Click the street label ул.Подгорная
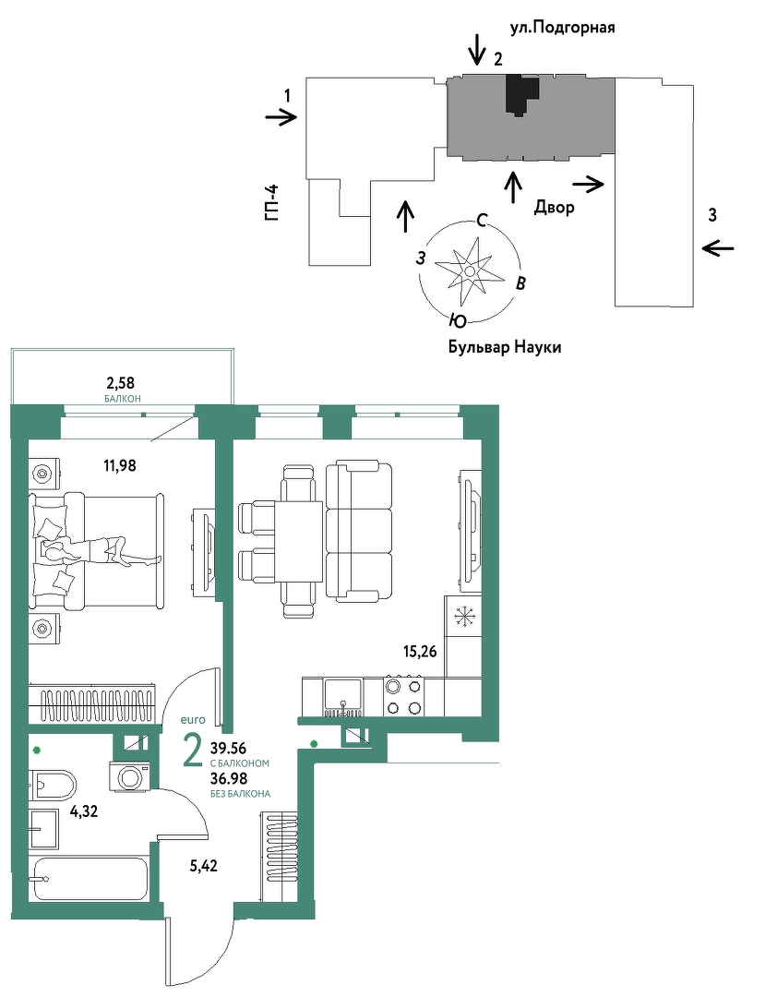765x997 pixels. point(562,28)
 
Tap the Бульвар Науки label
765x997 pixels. point(505,347)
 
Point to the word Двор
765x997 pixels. point(554,208)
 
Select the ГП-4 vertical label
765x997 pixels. point(273,202)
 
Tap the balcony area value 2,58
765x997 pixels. point(120,382)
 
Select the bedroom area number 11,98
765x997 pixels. point(120,466)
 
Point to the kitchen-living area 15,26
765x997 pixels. point(420,651)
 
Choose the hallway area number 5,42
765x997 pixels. point(203,865)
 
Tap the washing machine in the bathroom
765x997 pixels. point(132,777)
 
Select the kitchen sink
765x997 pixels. point(343,698)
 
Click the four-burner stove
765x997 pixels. point(403,697)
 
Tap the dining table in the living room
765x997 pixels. point(299,541)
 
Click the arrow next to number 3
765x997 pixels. point(719,248)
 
